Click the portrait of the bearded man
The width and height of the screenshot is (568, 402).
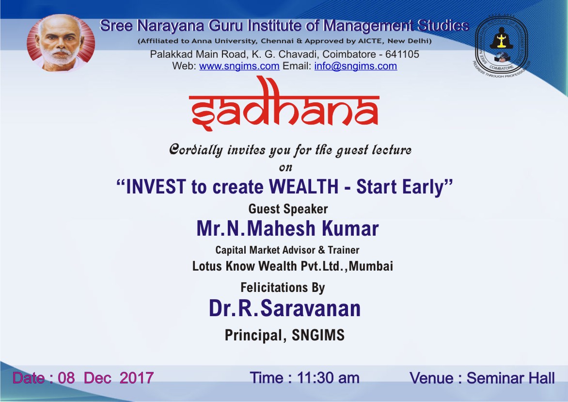click(x=61, y=43)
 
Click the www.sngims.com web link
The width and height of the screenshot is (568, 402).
click(x=239, y=66)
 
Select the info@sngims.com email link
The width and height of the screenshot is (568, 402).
click(x=355, y=66)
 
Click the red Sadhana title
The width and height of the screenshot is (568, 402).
click(x=284, y=104)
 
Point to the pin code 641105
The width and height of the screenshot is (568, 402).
click(x=402, y=54)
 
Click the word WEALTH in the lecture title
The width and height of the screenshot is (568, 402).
click(x=303, y=187)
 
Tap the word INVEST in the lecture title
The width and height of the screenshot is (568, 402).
click(x=156, y=187)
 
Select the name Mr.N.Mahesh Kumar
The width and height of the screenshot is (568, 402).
click(x=287, y=228)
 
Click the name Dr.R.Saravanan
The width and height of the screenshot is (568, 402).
click(x=284, y=308)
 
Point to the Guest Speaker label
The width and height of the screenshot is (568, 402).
click(x=288, y=209)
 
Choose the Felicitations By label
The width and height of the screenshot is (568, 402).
click(x=283, y=288)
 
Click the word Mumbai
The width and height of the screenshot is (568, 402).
click(x=371, y=266)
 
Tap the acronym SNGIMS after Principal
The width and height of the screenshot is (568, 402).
click(x=318, y=335)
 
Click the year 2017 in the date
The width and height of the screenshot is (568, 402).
click(x=137, y=378)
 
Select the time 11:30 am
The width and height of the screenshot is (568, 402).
click(x=328, y=378)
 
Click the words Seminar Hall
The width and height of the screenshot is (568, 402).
click(x=510, y=378)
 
